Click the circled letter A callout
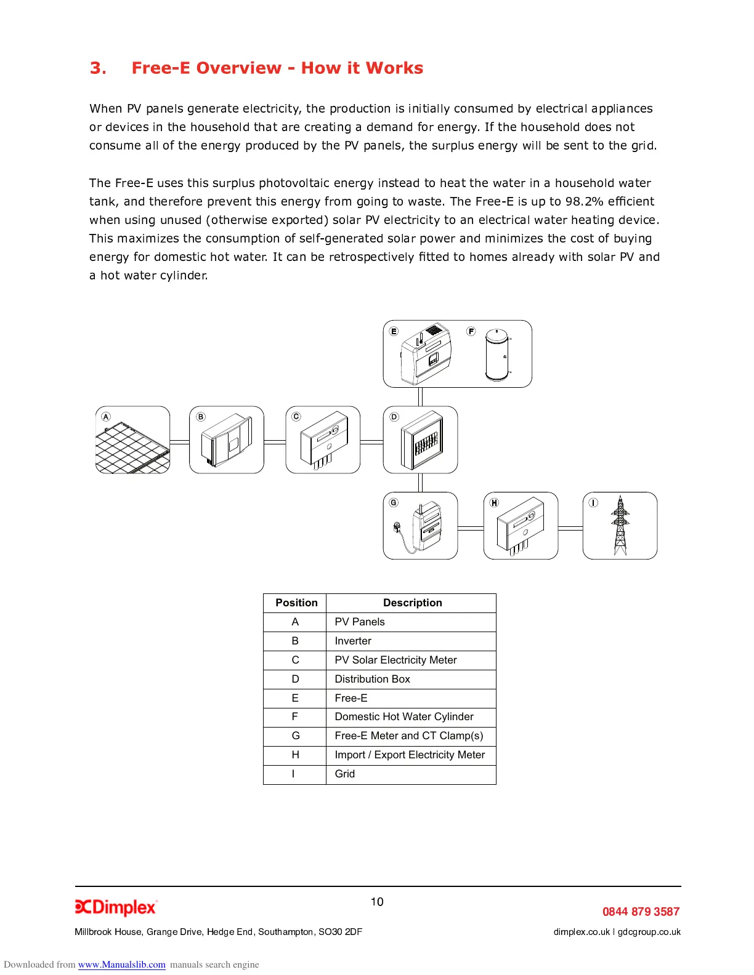point(106,417)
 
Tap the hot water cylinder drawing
point(497,355)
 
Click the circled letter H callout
point(494,503)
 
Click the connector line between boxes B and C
point(275,442)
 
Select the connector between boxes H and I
point(570,528)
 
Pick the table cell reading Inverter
point(353,641)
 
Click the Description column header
point(412,603)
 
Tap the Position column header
point(296,603)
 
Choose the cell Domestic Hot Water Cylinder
point(404,716)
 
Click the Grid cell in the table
point(345,774)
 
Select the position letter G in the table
point(296,736)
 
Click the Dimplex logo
point(116,907)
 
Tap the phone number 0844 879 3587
point(641,912)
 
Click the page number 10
point(377,902)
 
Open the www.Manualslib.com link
point(122,965)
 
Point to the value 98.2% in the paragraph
point(584,201)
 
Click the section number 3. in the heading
point(98,68)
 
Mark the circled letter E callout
point(394,331)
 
